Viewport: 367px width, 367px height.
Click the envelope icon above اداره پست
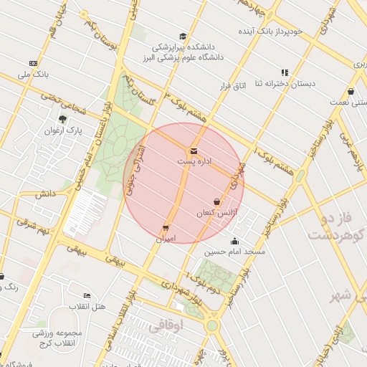pyautogui.click(x=194, y=151)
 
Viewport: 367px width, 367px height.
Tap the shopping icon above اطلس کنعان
pyautogui.click(x=216, y=202)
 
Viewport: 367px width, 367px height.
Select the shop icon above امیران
pyautogui.click(x=166, y=228)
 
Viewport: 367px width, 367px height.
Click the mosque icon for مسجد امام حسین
pyautogui.click(x=234, y=241)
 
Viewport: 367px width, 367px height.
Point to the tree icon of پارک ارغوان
pyautogui.click(x=62, y=120)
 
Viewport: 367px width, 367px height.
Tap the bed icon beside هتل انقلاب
pyautogui.click(x=87, y=296)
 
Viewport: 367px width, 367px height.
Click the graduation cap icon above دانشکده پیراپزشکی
pyautogui.click(x=183, y=36)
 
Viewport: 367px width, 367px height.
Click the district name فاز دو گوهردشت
pyautogui.click(x=335, y=226)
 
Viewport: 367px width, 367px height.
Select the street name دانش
pyautogui.click(x=44, y=194)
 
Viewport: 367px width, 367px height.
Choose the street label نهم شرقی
pyautogui.click(x=33, y=226)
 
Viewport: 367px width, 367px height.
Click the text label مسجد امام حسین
pyautogui.click(x=234, y=252)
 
